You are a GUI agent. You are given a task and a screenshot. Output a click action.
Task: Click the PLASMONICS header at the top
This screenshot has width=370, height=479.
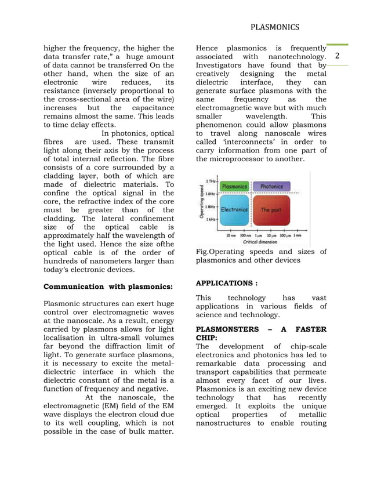pos(275,27)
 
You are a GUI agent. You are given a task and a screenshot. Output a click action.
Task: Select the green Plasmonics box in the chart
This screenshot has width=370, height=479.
pos(234,186)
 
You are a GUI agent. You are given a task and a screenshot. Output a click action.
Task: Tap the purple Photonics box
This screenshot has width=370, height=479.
pos(271,186)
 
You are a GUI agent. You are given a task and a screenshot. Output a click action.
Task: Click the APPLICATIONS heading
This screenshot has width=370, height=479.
pos(227,283)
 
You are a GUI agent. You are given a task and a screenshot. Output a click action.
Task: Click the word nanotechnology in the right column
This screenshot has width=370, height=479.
pos(297,56)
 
